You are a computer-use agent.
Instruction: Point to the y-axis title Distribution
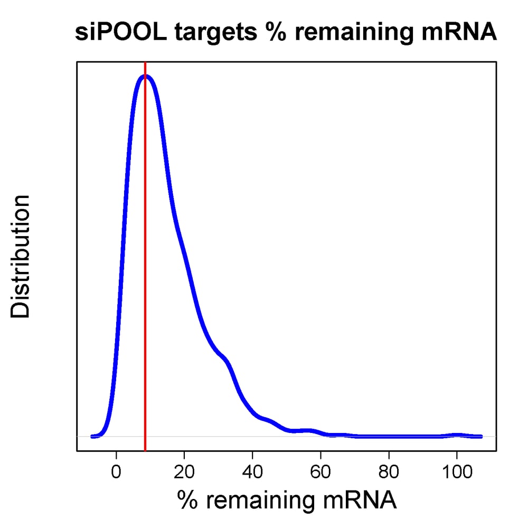point(22,257)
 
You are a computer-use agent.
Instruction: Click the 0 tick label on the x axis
point(117,471)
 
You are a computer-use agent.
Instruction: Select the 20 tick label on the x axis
point(184,471)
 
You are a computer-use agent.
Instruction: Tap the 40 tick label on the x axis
point(252,471)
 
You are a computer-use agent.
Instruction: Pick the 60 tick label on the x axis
point(320,471)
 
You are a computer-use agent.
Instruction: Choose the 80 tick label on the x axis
point(389,471)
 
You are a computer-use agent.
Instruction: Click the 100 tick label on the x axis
point(457,471)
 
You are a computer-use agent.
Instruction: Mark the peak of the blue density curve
point(146,77)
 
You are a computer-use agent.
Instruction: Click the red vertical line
point(145,264)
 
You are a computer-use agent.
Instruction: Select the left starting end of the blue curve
point(92,436)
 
